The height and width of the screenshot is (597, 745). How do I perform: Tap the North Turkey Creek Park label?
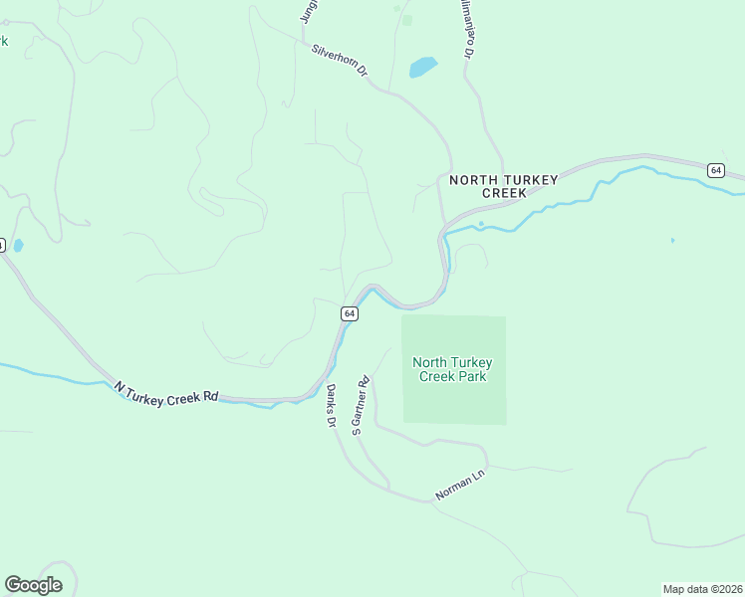(x=451, y=370)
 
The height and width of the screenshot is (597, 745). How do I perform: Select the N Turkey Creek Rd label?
(x=165, y=392)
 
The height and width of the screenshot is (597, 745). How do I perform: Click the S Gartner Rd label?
(x=360, y=404)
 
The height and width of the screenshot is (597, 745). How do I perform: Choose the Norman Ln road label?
(x=459, y=486)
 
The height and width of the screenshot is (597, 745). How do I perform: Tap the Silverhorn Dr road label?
(x=340, y=60)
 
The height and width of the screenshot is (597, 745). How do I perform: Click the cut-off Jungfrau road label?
(x=308, y=10)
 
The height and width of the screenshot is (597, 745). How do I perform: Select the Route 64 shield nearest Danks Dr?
(x=349, y=313)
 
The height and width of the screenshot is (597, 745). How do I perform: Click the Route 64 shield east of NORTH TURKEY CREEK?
(x=715, y=170)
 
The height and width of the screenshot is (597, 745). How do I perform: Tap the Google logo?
(x=33, y=585)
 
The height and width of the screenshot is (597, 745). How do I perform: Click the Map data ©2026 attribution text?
(x=702, y=588)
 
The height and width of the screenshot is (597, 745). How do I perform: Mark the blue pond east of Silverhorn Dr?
(x=422, y=68)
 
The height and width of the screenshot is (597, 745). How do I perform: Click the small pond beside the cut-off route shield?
(x=18, y=246)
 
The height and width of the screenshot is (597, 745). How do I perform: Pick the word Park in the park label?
(x=473, y=377)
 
